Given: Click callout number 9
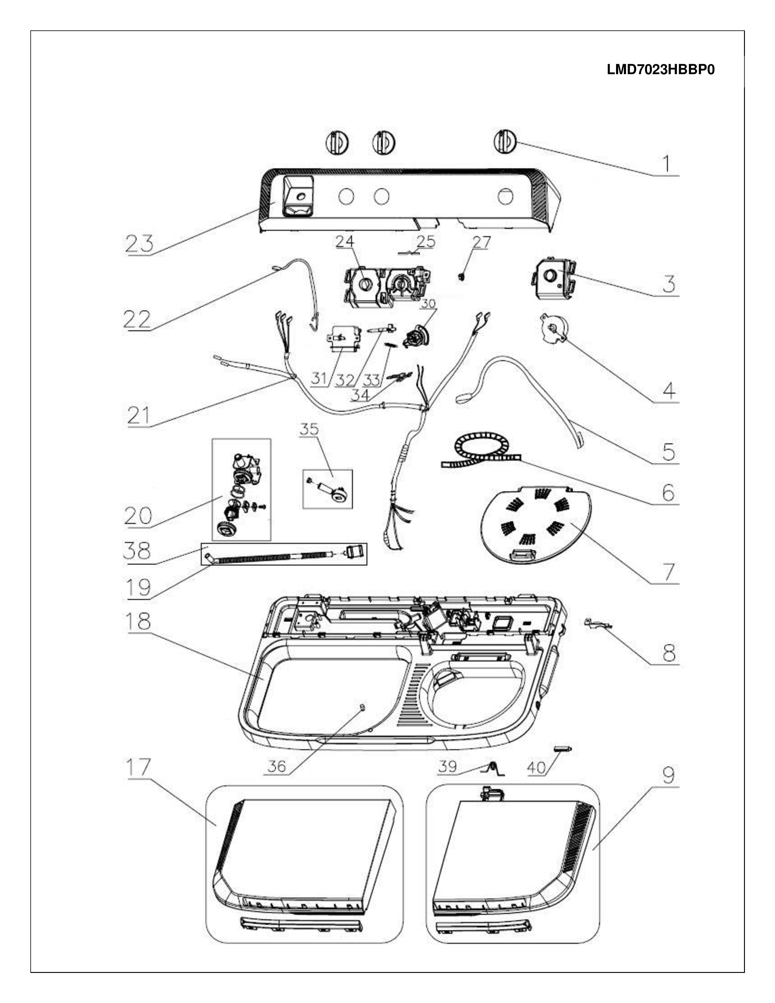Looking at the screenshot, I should [x=669, y=776].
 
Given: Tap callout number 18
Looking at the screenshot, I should [x=138, y=621].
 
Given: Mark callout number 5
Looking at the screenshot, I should [x=669, y=452].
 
